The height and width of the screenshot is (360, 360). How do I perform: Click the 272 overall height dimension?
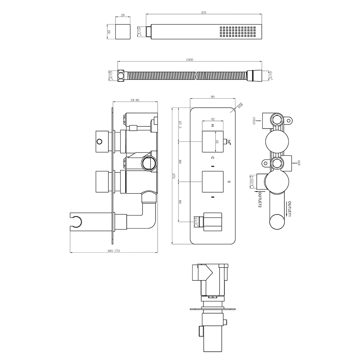[174, 176]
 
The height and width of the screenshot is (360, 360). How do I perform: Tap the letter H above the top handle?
[212, 126]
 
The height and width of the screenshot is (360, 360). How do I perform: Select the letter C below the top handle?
[212, 158]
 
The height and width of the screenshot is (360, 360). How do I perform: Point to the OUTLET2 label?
[259, 200]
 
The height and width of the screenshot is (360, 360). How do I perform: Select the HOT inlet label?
[299, 163]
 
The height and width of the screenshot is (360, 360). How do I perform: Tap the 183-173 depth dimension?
[114, 251]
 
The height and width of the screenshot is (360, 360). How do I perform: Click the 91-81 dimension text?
[135, 100]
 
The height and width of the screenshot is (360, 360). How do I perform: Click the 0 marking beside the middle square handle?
[229, 182]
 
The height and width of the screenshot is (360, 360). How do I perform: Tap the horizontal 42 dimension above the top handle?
[213, 119]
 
